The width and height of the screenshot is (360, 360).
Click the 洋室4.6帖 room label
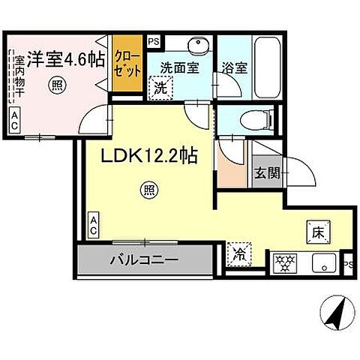65,57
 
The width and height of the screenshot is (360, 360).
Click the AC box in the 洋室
14,120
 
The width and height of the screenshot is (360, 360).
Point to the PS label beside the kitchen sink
348,264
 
